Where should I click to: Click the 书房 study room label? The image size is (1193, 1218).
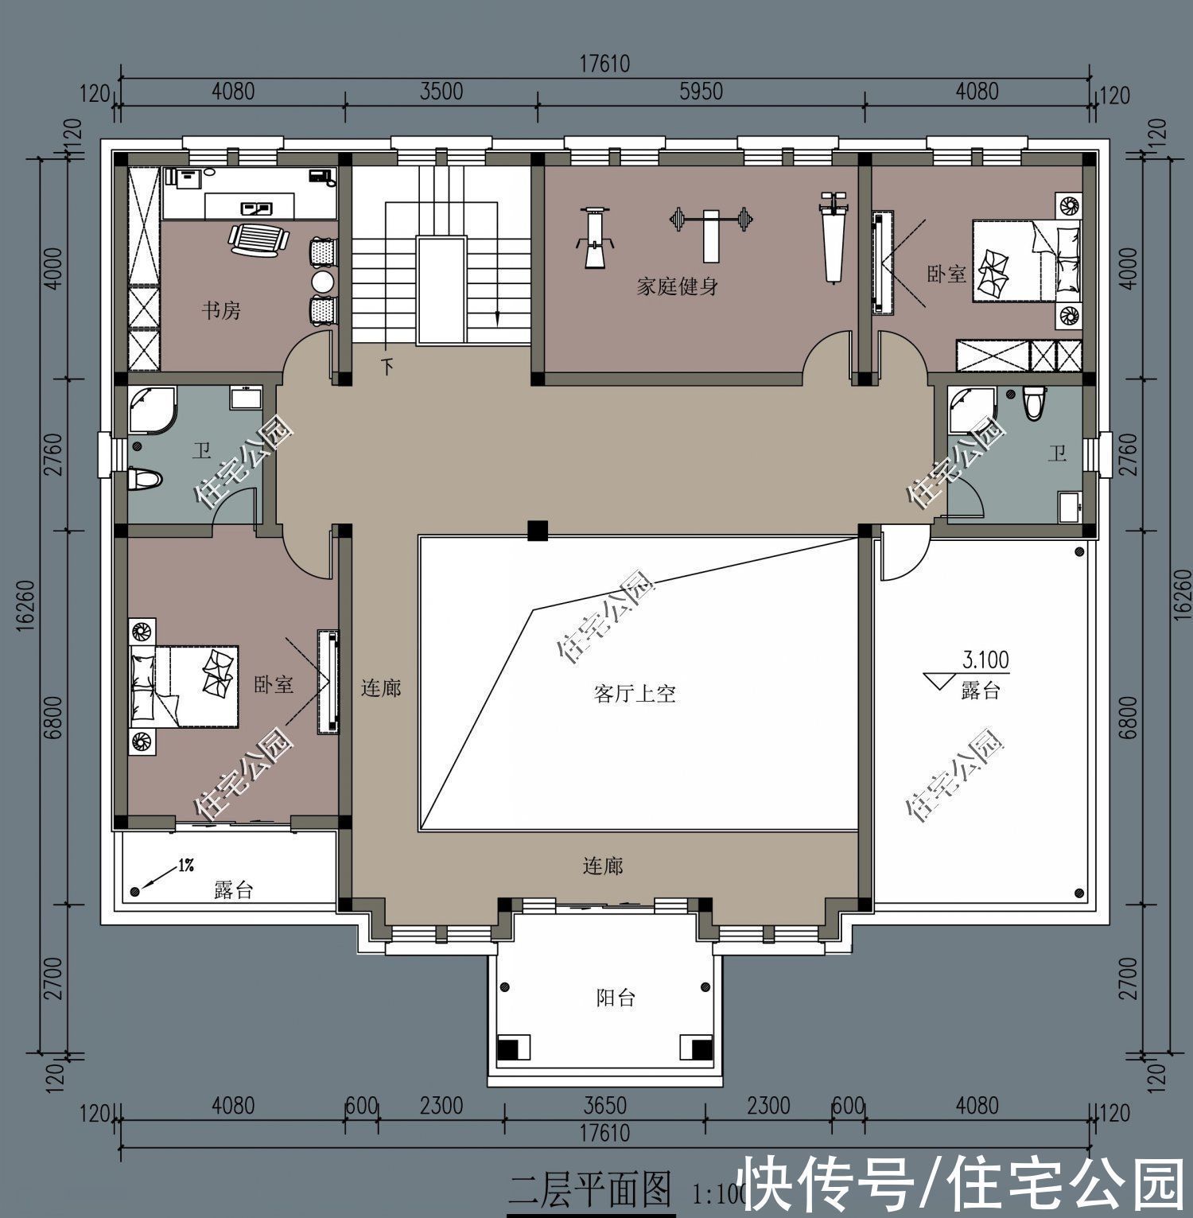pos(220,310)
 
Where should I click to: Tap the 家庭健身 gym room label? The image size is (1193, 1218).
pos(678,286)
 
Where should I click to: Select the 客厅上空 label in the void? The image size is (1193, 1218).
pos(635,694)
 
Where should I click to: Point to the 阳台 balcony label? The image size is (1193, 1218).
pos(616,998)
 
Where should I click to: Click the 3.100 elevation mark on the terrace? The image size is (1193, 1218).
pos(985,660)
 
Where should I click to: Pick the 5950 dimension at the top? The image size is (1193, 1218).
pos(701,91)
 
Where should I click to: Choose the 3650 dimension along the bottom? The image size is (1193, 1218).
pos(604,1106)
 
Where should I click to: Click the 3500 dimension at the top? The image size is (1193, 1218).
pos(441,91)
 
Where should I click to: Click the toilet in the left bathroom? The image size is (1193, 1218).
pos(145,479)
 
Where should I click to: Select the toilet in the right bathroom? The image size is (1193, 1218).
pos(1034,402)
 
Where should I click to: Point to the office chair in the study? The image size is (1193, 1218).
pos(258,239)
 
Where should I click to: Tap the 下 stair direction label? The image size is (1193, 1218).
pos(388,367)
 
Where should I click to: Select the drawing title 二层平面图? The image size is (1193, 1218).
pos(590,1191)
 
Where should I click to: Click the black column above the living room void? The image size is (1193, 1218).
pos(538,530)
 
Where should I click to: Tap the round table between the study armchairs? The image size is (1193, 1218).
pos(323,281)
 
